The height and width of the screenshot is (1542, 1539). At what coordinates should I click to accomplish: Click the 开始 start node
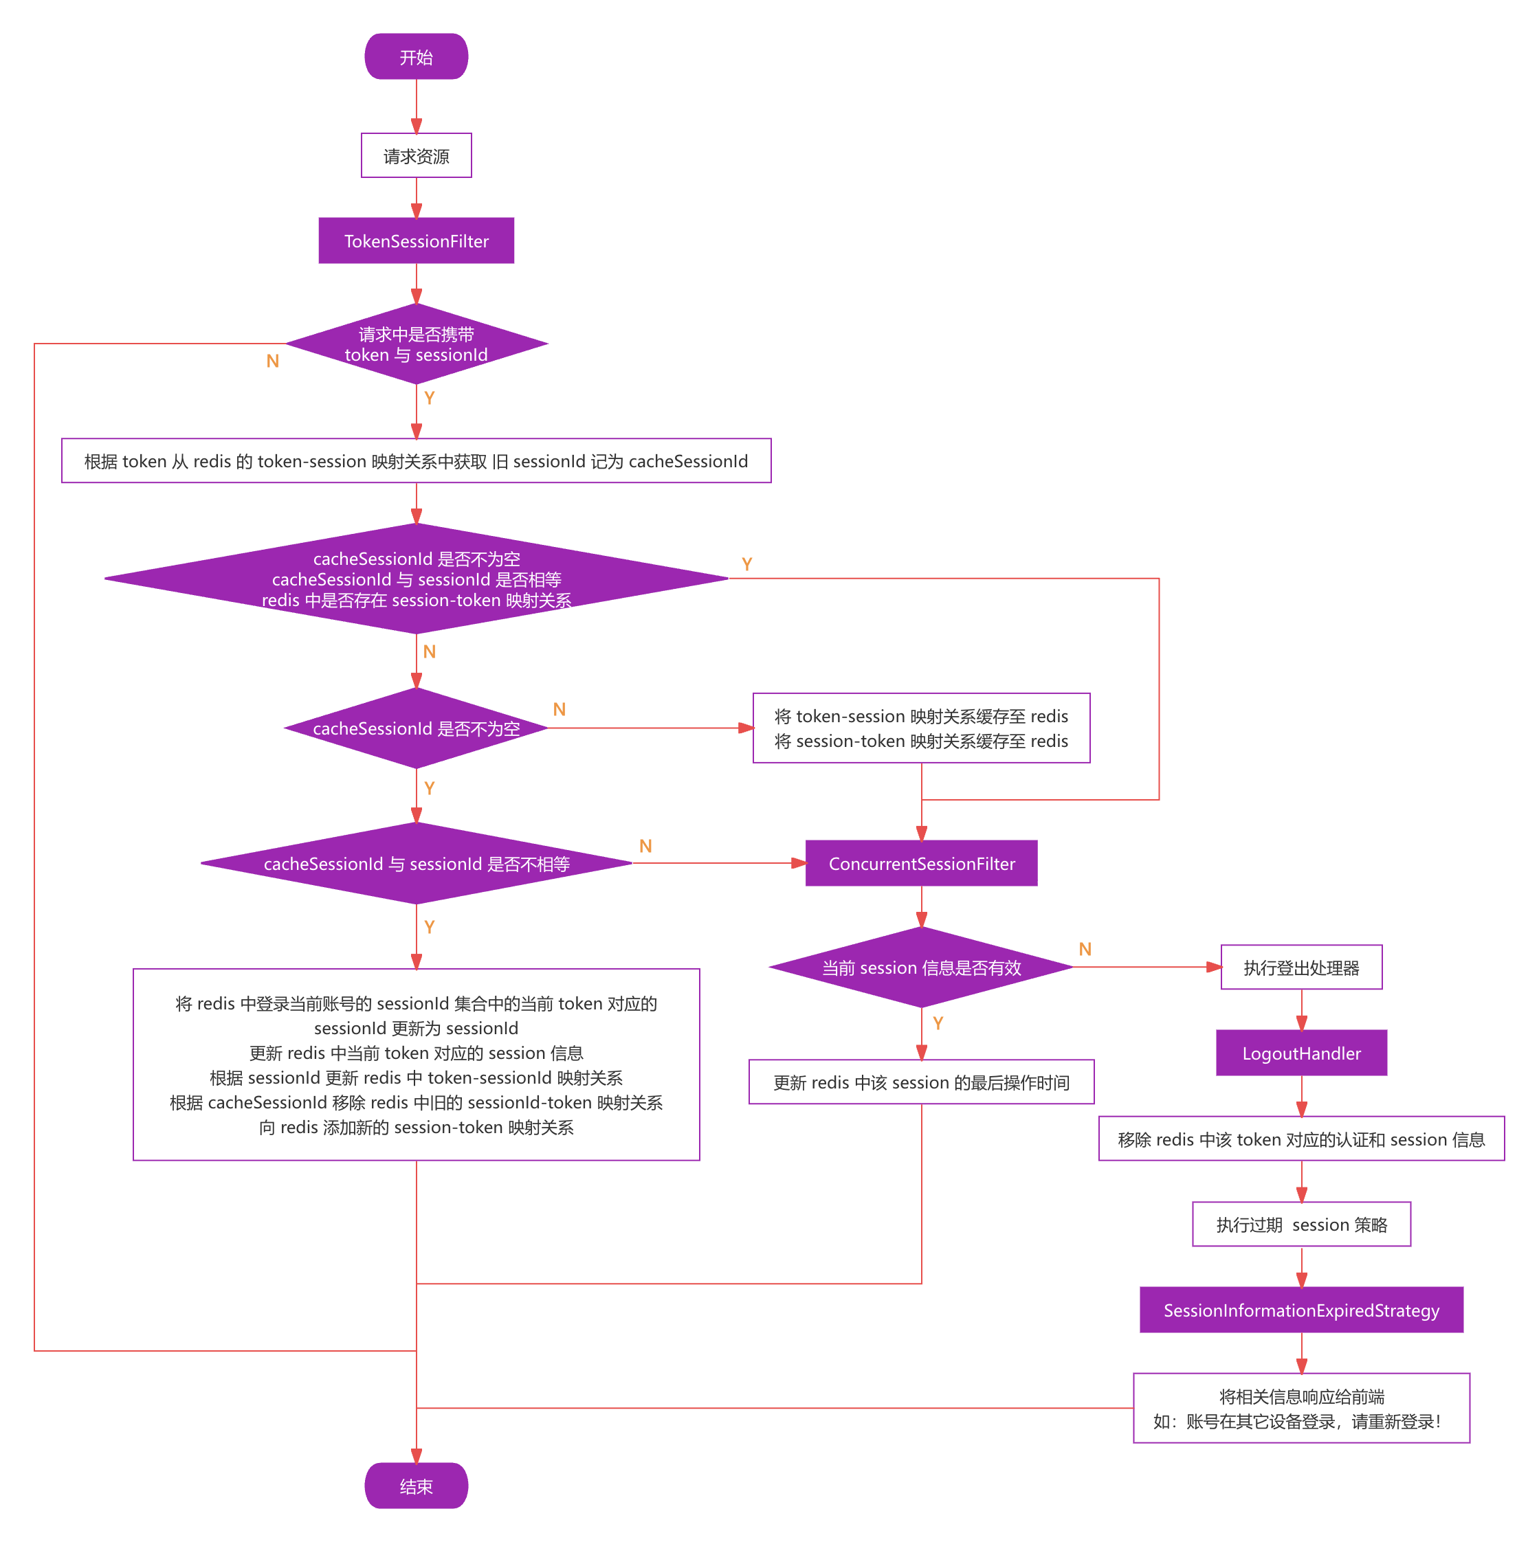click(x=416, y=56)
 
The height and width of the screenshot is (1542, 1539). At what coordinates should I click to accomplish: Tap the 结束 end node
click(x=416, y=1486)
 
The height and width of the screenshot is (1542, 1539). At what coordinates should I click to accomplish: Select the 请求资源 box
click(x=416, y=155)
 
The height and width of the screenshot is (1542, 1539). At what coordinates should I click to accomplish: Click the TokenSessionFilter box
click(x=416, y=241)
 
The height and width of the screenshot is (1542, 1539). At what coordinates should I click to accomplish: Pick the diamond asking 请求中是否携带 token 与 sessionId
click(x=416, y=344)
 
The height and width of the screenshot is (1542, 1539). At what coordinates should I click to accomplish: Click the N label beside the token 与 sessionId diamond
click(x=273, y=361)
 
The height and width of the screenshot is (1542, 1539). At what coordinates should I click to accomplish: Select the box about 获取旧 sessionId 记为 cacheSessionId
click(x=416, y=461)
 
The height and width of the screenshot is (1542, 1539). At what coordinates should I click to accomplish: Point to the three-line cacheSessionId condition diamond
click(x=416, y=579)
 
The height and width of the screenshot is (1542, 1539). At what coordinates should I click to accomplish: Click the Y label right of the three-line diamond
click(x=747, y=564)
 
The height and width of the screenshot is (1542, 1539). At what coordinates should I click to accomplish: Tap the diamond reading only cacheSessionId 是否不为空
click(x=416, y=728)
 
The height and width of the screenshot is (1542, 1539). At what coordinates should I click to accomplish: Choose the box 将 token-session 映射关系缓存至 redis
click(x=921, y=728)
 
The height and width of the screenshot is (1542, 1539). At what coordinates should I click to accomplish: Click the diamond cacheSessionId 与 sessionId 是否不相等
click(x=416, y=864)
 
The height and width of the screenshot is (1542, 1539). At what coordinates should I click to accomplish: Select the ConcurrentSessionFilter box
click(x=921, y=864)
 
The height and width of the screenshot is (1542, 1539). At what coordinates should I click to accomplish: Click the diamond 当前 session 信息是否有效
click(x=921, y=968)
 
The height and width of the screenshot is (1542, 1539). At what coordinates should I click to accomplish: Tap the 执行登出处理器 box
click(x=1301, y=968)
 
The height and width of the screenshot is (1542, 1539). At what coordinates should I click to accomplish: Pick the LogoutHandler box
click(x=1301, y=1053)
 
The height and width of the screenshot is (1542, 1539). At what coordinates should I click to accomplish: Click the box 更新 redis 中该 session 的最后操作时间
click(x=921, y=1082)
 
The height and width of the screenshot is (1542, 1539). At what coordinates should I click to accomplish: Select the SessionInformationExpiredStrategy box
click(x=1301, y=1310)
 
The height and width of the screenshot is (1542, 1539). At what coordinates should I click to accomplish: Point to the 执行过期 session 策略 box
click(x=1301, y=1225)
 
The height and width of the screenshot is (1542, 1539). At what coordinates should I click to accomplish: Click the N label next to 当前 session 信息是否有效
click(x=1085, y=949)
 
